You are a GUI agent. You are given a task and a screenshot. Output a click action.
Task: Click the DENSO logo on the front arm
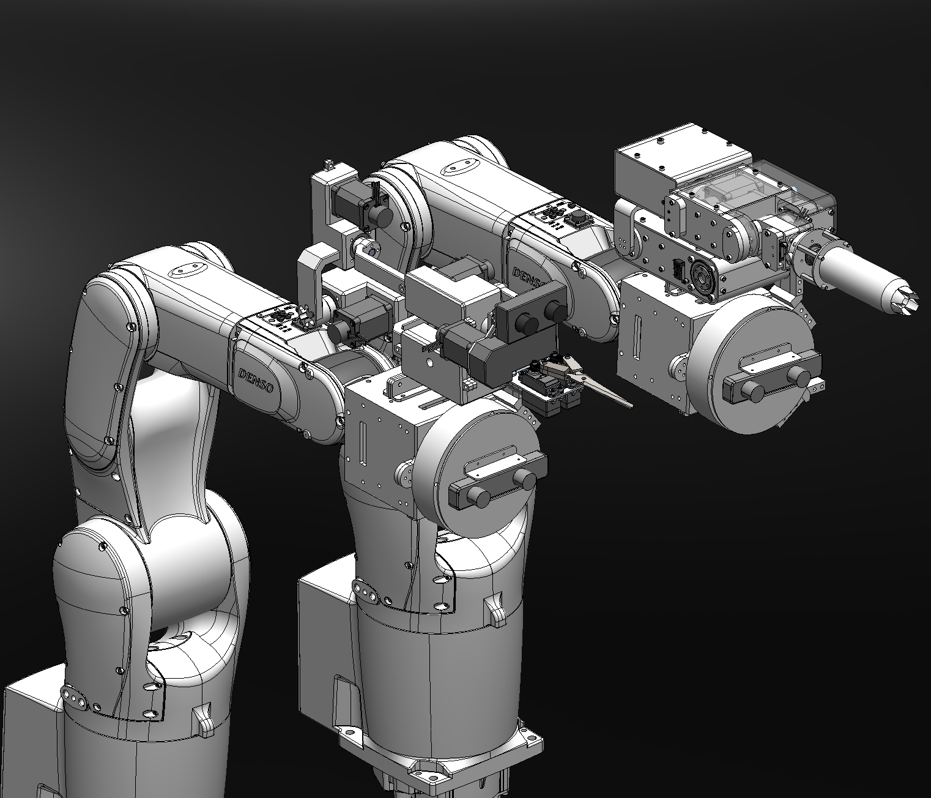pyautogui.click(x=256, y=380)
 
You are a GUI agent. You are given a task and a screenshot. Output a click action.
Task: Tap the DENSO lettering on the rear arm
pyautogui.click(x=530, y=278)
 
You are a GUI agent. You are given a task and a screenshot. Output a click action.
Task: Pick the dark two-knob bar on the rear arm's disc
pyautogui.click(x=772, y=378)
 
